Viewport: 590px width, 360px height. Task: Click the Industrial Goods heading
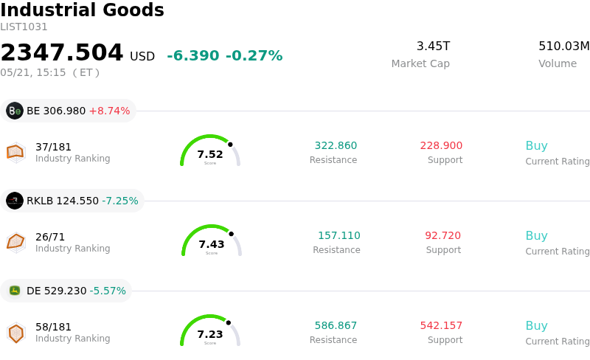pos(82,10)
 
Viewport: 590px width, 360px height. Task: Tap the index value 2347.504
pos(62,52)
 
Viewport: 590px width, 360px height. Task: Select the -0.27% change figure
pos(254,56)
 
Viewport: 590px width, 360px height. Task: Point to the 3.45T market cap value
pos(433,46)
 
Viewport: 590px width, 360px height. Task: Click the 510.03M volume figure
pos(564,46)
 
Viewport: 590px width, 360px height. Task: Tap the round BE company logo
pos(15,111)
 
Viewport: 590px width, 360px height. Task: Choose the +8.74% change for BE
pos(109,111)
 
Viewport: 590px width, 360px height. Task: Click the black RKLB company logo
pos(15,201)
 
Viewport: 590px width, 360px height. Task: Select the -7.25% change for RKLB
pos(120,201)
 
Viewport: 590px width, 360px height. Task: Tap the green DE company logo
pos(15,291)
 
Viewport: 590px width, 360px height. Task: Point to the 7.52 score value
pos(210,154)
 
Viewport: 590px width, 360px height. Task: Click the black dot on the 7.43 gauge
pos(231,234)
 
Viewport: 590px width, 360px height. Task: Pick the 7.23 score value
pos(210,334)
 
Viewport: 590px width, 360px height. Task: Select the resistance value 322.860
pos(336,145)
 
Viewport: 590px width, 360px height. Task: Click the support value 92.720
pos(443,235)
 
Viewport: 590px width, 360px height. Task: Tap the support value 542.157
pos(441,325)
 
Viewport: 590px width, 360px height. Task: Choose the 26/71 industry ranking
pos(50,237)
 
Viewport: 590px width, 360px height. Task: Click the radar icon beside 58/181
pos(15,333)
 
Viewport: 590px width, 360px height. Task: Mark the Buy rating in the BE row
pos(537,146)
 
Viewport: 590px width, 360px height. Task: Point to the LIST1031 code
pos(24,27)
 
